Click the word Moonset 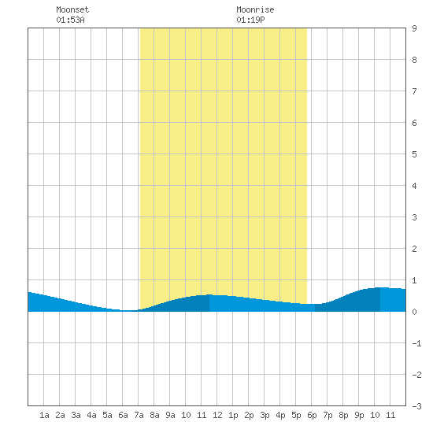point(72,9)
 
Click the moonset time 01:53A point(70,20)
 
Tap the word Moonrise point(255,9)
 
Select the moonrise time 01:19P point(250,20)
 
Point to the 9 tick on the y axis point(414,28)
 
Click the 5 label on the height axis point(414,154)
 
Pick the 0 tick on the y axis point(414,312)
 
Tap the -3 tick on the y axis point(416,406)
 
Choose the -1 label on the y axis point(416,343)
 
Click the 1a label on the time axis point(44,415)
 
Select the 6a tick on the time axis point(123,415)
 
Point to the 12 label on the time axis point(217,415)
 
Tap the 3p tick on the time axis point(265,415)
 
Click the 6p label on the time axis point(312,415)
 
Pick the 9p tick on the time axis point(359,415)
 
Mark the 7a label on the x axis point(139,415)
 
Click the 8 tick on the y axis point(414,60)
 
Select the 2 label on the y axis point(414,249)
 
